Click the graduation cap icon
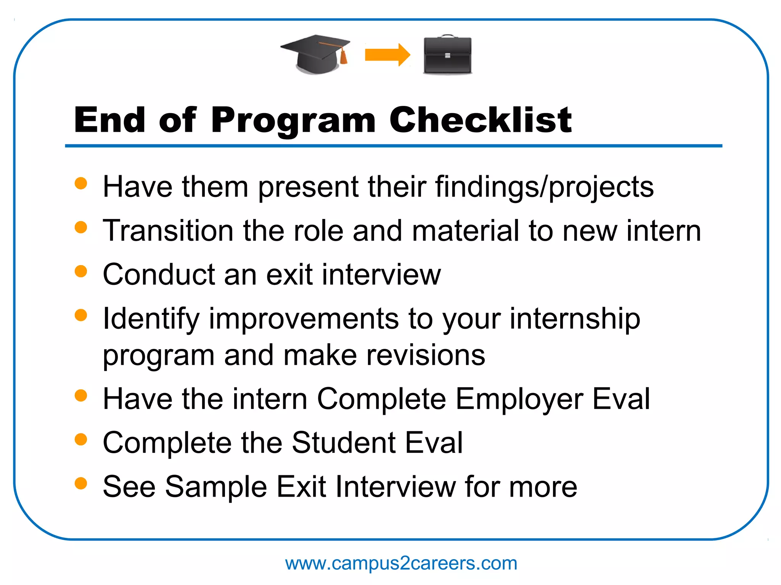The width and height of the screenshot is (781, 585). pyautogui.click(x=315, y=53)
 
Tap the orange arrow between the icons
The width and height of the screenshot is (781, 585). pyautogui.click(x=387, y=54)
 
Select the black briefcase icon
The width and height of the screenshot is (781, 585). pyautogui.click(x=447, y=55)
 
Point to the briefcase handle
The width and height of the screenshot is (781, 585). pyautogui.click(x=447, y=37)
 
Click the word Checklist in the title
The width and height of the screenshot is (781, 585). pyautogui.click(x=480, y=120)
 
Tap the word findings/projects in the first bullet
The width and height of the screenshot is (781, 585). pyautogui.click(x=545, y=187)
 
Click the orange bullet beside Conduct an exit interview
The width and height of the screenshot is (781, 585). pyautogui.click(x=81, y=271)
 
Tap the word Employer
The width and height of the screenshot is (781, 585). pyautogui.click(x=519, y=399)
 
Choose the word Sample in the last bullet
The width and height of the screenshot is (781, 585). pyautogui.click(x=215, y=486)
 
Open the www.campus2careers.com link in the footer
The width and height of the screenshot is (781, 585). pyautogui.click(x=401, y=563)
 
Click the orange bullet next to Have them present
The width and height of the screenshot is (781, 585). pyautogui.click(x=81, y=183)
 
